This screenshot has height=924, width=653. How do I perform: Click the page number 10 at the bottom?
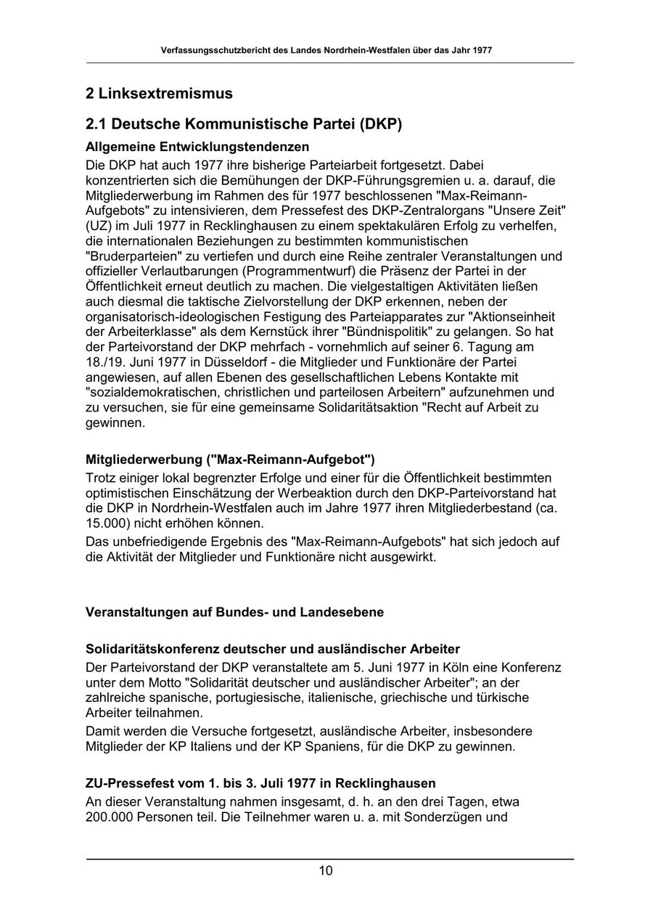click(326, 870)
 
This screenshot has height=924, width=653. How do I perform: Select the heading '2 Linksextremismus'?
click(159, 94)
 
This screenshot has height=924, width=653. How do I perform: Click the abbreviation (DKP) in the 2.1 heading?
click(377, 124)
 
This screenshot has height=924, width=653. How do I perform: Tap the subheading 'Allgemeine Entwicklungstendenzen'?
click(197, 147)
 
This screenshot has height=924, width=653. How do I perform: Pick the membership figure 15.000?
click(104, 523)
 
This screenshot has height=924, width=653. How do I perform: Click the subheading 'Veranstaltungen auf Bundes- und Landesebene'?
click(234, 612)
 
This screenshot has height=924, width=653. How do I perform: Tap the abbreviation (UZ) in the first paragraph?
click(99, 225)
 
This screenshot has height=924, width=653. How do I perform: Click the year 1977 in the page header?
click(482, 51)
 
